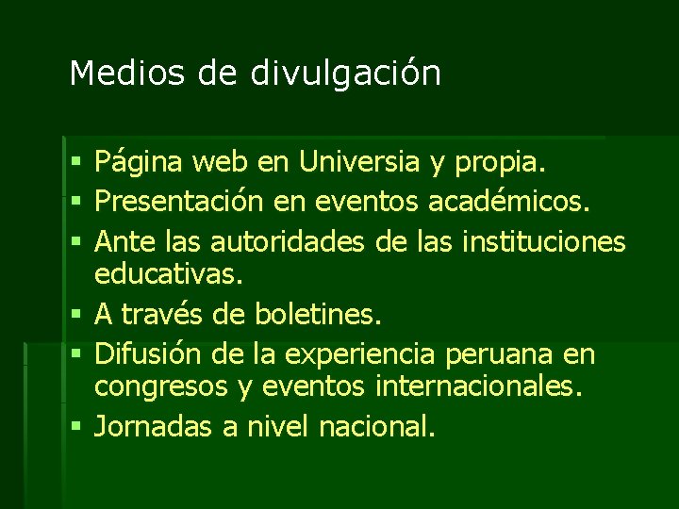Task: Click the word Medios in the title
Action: [112, 73]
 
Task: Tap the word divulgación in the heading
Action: [345, 74]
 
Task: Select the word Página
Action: [139, 164]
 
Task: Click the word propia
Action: [500, 164]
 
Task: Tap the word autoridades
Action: [290, 241]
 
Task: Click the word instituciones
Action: [544, 241]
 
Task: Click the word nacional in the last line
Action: [377, 426]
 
